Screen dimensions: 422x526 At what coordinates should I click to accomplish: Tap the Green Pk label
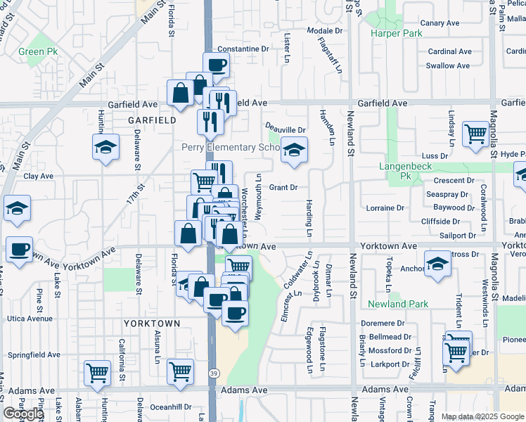(38, 51)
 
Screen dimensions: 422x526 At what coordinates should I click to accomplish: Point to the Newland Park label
(397, 304)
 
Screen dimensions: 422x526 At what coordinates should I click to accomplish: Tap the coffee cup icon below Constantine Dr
(217, 66)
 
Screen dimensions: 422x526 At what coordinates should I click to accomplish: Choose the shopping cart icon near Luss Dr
(476, 132)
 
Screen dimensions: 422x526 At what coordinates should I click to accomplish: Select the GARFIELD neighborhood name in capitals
(152, 120)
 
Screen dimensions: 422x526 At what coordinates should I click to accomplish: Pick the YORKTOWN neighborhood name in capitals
(152, 323)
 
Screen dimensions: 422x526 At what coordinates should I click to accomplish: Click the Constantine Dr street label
(243, 49)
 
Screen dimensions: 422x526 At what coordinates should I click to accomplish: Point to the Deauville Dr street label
(286, 129)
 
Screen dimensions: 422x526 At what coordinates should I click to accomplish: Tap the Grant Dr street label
(284, 187)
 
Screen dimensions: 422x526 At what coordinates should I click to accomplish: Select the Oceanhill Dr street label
(170, 407)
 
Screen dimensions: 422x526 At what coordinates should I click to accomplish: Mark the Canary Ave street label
(440, 23)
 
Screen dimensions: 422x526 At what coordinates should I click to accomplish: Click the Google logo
(23, 414)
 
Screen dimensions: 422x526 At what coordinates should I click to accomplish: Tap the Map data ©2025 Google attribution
(482, 416)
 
